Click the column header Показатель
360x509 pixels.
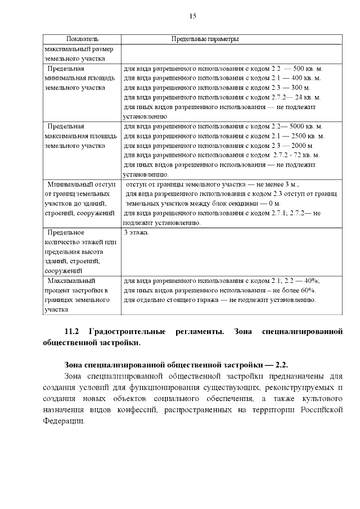[82, 39]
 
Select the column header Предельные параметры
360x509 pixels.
[205, 39]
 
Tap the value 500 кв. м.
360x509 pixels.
[307, 68]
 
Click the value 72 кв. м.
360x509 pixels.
[306, 155]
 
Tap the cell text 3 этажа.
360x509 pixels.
[137, 232]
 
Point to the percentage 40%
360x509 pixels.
[310, 280]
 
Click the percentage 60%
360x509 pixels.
[306, 290]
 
